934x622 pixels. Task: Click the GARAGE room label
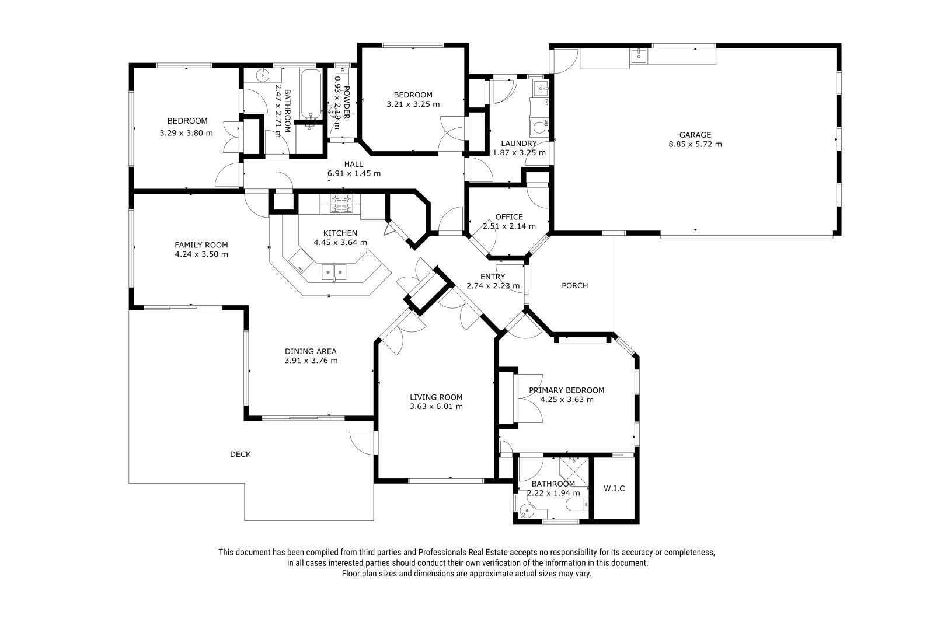click(x=695, y=135)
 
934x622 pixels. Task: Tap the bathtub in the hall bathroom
click(x=311, y=95)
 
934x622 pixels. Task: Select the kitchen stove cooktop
click(x=341, y=204)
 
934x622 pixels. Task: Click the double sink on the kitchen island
click(x=334, y=272)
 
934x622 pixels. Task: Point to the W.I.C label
click(x=614, y=488)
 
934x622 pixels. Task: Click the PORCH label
click(x=574, y=285)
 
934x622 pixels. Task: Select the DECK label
click(x=240, y=454)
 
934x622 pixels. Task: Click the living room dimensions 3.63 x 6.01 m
click(x=436, y=406)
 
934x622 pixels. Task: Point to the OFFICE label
click(x=508, y=217)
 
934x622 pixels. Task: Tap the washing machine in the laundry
click(x=539, y=127)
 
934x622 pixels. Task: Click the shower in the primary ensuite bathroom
click(x=574, y=472)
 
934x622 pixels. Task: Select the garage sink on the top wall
click(x=639, y=56)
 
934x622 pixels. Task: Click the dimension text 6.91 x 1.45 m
click(x=354, y=173)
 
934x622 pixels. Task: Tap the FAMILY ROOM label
click(x=201, y=244)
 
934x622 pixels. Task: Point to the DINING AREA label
click(x=311, y=351)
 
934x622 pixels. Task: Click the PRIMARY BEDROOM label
click(x=566, y=390)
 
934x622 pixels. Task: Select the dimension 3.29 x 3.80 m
click(x=186, y=133)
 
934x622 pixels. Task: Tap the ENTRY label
click(x=493, y=277)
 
